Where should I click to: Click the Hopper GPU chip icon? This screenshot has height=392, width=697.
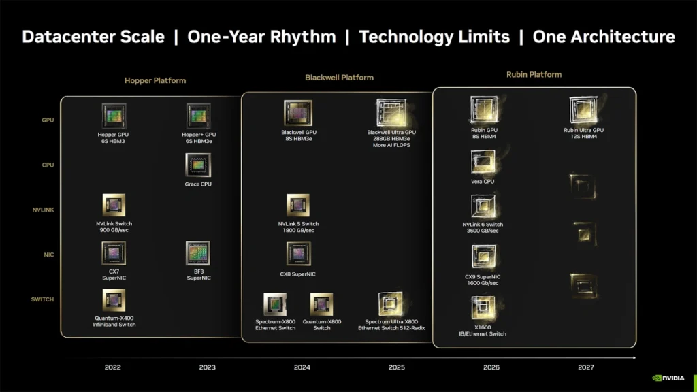114,116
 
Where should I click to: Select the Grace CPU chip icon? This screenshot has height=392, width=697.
198,165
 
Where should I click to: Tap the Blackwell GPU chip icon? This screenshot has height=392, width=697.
298,113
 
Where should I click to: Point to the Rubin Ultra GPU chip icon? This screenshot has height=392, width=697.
583,110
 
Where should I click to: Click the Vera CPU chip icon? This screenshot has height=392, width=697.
483,162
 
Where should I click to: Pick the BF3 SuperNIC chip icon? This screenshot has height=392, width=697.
198,253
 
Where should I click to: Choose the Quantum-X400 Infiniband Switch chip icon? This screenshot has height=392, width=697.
114,300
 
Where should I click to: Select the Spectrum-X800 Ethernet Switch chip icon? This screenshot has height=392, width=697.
275,304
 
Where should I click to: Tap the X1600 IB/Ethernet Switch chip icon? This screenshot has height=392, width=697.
483,308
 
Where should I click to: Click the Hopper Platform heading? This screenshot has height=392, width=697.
155,80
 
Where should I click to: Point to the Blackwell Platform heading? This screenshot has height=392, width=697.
339,78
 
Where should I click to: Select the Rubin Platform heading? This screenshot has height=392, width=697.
534,75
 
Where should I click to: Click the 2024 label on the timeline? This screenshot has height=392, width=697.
302,367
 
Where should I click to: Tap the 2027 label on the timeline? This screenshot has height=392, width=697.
586,367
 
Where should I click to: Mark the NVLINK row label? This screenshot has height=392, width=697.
43,210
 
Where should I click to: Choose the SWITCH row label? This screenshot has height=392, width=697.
42,299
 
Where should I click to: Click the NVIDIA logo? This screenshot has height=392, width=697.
668,378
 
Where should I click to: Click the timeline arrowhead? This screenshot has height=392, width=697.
634,357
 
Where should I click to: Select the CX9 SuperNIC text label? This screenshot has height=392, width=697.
483,276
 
